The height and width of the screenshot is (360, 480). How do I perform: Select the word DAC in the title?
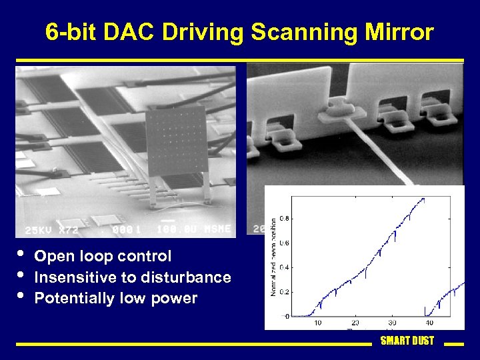136,32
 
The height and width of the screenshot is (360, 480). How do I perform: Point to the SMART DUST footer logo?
407,341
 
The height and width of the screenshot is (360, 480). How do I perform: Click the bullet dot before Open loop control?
21,255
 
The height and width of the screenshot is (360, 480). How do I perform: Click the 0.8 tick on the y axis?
285,218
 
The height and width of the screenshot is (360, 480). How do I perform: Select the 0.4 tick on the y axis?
285,267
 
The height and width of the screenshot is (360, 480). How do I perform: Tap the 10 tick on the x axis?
317,323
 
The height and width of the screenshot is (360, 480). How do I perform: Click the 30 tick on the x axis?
391,323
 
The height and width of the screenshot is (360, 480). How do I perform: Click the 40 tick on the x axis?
428,323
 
